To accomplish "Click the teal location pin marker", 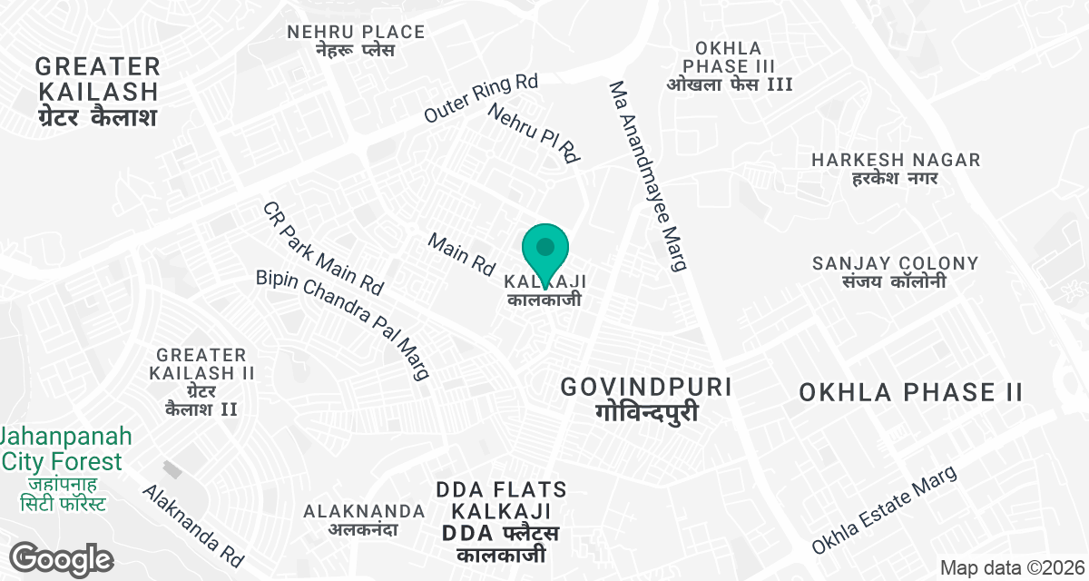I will pos(545,251).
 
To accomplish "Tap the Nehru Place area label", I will pos(356,40).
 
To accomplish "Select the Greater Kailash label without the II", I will pos(98,92).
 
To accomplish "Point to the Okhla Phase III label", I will pos(730,66).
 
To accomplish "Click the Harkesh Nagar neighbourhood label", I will pos(896,169).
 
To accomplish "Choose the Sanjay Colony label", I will pos(895,272).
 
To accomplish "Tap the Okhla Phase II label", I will pos(911,392).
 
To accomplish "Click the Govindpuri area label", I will pos(646,399).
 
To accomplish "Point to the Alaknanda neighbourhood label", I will pos(364,519).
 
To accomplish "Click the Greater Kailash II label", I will pos(201,381).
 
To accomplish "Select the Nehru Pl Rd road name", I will pos(534,133).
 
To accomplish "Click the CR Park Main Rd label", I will pos(323,248).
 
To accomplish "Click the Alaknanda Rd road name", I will pos(193,526).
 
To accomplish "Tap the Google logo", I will pos(62,558).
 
